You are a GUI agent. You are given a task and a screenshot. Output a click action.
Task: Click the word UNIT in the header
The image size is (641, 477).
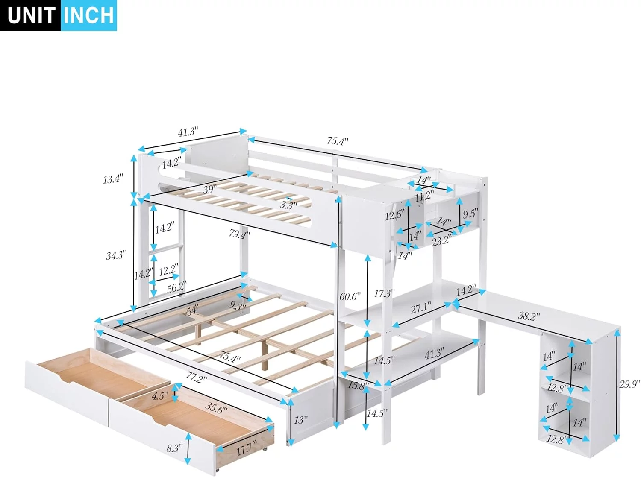tap(31, 15)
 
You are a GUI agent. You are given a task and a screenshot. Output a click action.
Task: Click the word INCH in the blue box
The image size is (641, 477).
tap(89, 15)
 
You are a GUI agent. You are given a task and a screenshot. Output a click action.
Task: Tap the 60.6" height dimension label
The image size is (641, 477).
tap(350, 296)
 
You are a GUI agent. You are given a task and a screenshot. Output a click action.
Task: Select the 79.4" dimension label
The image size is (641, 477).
tap(239, 234)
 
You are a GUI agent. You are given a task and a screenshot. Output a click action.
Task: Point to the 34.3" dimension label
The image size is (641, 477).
tap(116, 255)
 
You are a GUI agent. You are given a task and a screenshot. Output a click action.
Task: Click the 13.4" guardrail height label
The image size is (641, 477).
tap(113, 179)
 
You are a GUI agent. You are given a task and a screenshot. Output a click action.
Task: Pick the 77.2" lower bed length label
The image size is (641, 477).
tap(196, 378)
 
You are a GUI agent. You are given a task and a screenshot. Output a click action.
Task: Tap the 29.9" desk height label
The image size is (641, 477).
tap(629, 384)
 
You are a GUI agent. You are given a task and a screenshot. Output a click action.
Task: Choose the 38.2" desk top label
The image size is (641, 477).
tap(529, 316)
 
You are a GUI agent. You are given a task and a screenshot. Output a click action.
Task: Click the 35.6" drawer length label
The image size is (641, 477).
tap(216, 408)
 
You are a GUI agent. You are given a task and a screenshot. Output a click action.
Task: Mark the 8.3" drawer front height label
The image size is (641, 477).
tap(174, 448)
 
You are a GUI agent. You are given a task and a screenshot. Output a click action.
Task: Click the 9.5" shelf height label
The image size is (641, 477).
tap(469, 214)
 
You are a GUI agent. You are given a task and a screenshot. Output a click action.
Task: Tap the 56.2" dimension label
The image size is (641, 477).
tap(177, 287)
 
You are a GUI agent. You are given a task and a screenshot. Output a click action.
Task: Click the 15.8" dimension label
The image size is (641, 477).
tap(358, 386)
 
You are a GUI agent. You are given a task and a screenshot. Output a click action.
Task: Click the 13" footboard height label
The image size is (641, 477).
tap(300, 420)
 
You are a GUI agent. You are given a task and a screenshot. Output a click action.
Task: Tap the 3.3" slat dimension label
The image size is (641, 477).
tap(288, 205)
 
